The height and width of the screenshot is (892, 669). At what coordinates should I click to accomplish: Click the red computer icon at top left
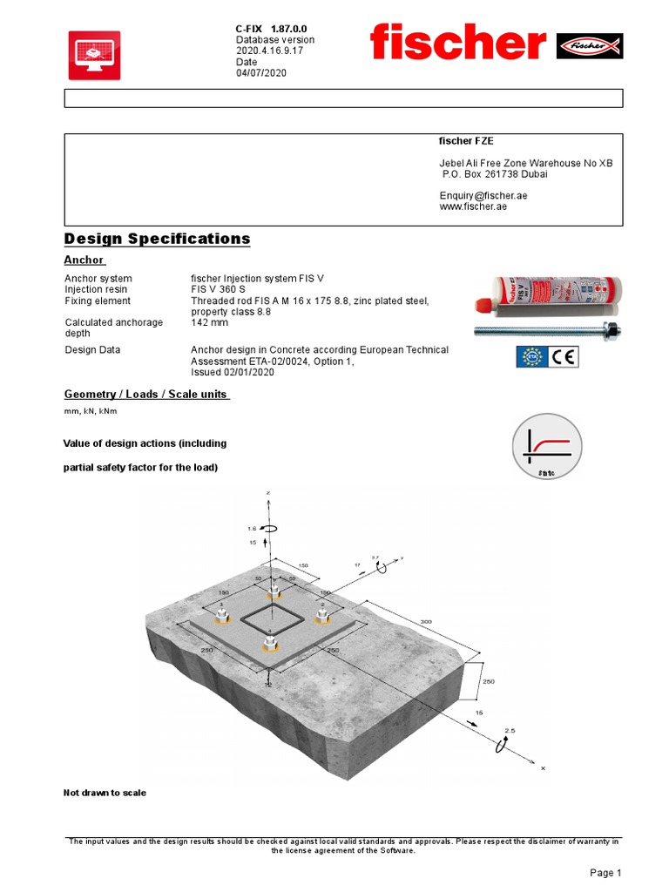[94, 56]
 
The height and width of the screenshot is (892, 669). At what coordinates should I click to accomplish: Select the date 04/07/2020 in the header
[261, 73]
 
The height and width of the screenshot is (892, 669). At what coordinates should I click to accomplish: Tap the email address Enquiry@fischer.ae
[483, 196]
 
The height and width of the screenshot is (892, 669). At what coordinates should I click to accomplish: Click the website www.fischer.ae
[473, 207]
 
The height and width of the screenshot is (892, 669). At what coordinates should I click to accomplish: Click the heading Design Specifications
[158, 239]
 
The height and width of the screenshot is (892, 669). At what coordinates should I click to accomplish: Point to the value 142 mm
[210, 322]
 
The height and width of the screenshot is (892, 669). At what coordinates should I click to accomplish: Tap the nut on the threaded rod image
[611, 330]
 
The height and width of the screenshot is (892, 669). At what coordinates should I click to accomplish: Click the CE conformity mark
[564, 356]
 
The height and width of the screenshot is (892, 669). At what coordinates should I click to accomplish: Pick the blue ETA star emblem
[530, 356]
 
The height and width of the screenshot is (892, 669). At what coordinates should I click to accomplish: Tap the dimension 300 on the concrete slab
[426, 622]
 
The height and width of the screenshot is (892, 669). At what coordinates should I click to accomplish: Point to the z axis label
[268, 493]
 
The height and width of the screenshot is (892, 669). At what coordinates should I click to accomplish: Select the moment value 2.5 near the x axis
[510, 730]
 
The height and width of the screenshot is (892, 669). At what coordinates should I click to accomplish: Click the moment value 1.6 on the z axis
[252, 529]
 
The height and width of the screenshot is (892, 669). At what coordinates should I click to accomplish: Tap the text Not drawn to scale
[105, 793]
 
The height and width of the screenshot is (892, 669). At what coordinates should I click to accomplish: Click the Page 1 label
[605, 873]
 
